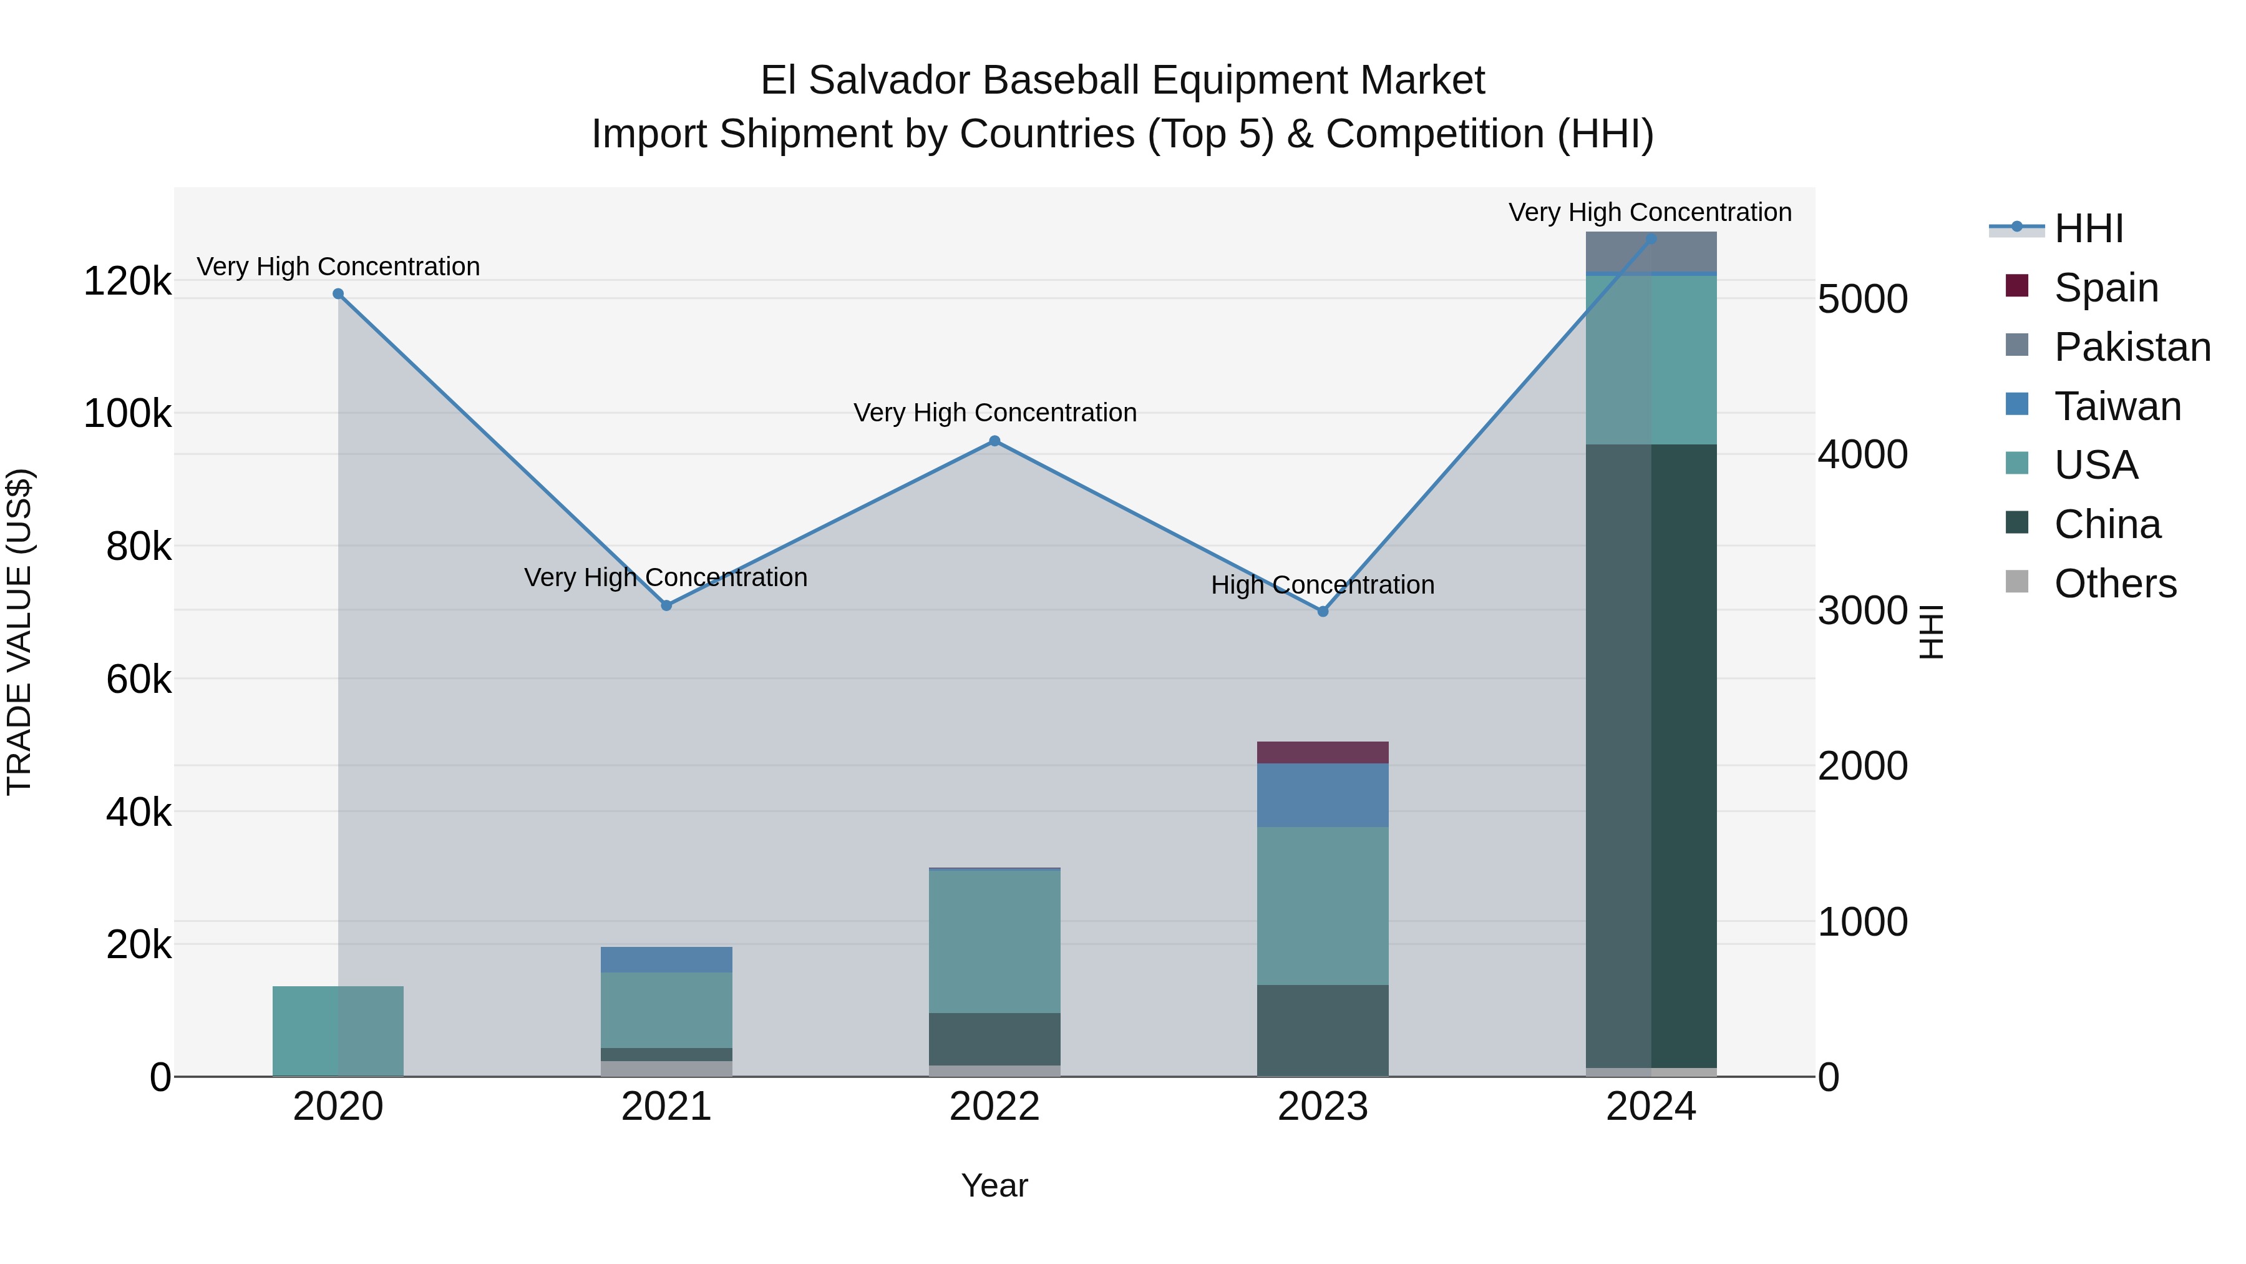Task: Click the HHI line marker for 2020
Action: click(x=338, y=294)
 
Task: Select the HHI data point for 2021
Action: click(x=666, y=605)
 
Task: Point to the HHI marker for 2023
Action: click(x=1323, y=612)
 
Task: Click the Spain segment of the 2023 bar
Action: click(x=1323, y=753)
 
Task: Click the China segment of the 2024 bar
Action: click(x=1650, y=755)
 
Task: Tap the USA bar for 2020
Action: click(x=338, y=1031)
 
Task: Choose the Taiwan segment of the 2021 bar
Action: click(x=666, y=959)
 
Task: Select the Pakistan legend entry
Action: click(x=2132, y=347)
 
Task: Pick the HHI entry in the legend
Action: click(x=2088, y=228)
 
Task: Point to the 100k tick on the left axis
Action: click(x=127, y=413)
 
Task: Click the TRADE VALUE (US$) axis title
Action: click(x=19, y=632)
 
